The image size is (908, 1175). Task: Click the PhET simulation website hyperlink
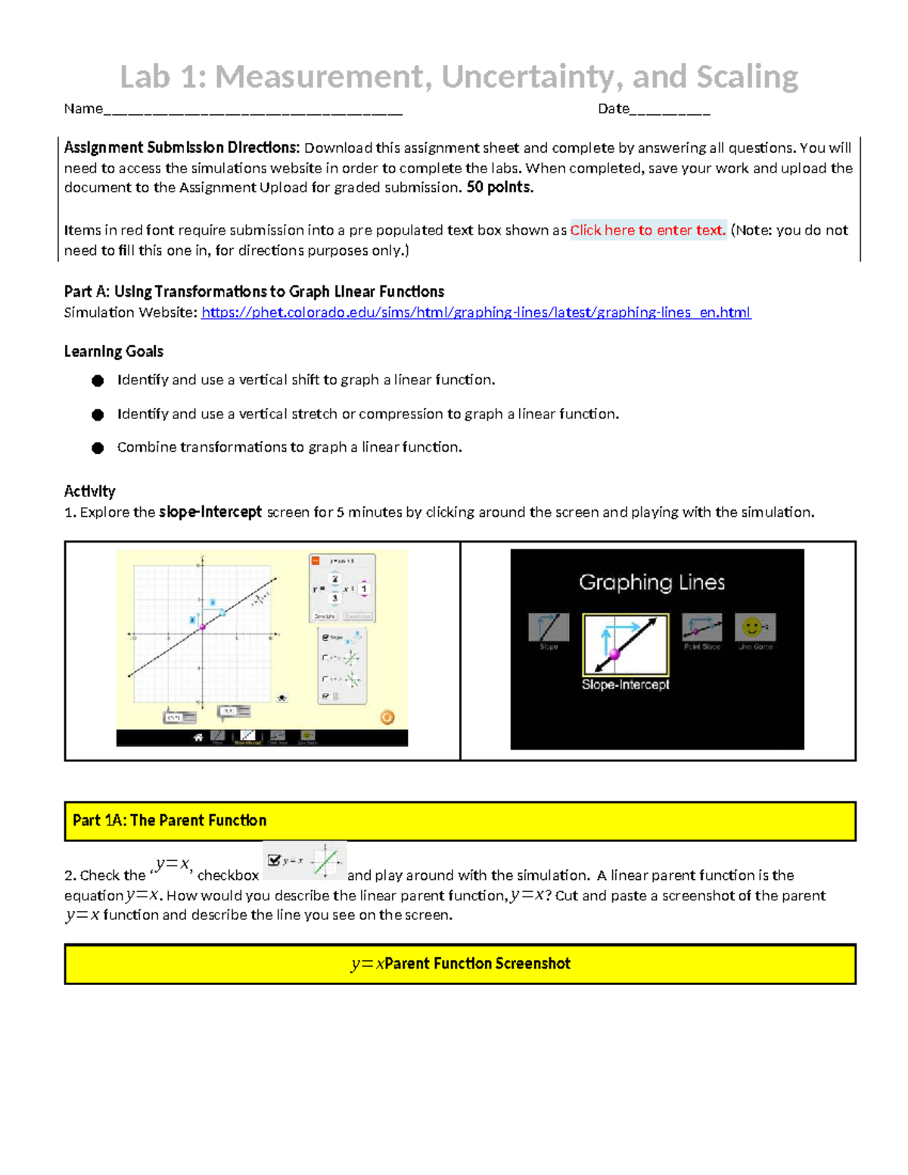[476, 312]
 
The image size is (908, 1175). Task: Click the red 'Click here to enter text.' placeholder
[648, 230]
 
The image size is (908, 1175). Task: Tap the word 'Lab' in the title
[147, 76]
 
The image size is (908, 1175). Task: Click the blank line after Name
[253, 110]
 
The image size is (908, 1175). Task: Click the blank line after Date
[670, 110]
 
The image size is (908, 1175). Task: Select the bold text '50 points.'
[499, 188]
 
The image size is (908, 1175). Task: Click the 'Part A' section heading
[253, 292]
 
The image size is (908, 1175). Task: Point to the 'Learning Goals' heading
[113, 352]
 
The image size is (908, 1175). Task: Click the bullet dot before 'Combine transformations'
[98, 448]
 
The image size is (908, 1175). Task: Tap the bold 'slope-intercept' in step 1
[210, 512]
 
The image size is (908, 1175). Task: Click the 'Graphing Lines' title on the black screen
[651, 582]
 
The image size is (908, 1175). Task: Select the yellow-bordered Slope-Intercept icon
[625, 644]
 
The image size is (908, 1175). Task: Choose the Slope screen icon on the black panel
[548, 627]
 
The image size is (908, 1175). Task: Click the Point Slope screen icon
[701, 627]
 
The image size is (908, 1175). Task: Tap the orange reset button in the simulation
[387, 717]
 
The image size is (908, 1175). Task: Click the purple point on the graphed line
[203, 626]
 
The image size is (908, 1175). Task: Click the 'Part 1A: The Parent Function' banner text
[169, 821]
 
